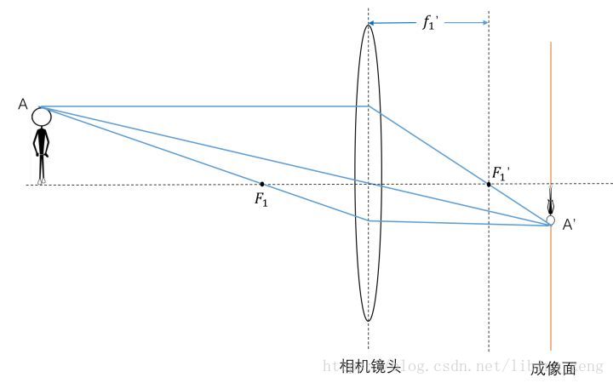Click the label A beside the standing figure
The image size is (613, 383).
click(23, 104)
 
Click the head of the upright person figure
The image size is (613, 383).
click(42, 117)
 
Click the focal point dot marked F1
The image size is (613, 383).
click(261, 184)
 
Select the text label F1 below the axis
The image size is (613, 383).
click(261, 199)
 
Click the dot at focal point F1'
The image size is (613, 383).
click(489, 184)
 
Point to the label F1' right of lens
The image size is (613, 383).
click(501, 174)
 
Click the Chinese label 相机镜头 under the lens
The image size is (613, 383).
click(369, 366)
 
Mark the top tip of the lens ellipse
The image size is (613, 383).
click(369, 25)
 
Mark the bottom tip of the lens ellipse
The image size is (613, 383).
click(369, 321)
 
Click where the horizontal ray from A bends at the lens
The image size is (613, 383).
click(369, 106)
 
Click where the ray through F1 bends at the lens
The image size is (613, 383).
click(369, 220)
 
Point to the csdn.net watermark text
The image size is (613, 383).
click(460, 366)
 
